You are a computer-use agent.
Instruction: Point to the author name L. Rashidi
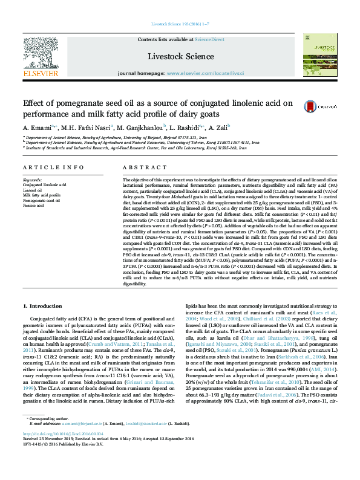coord(177,128)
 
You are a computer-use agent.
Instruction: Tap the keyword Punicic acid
coord(33,206)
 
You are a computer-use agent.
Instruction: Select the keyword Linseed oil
coord(33,190)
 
